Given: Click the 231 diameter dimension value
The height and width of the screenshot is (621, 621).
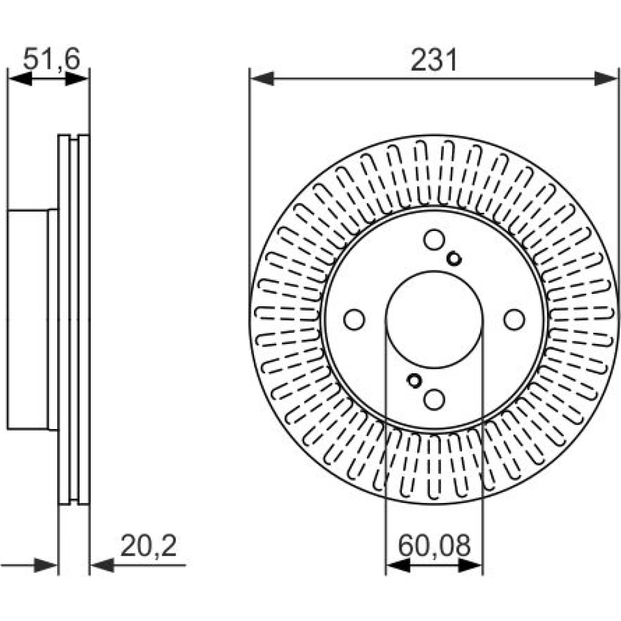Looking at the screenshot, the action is click(434, 60).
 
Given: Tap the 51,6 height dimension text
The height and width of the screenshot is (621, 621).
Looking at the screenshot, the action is click(52, 60).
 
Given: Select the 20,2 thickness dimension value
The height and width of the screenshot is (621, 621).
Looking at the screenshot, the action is click(148, 546).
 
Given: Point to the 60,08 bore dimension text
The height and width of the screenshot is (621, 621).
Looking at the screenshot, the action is click(434, 546).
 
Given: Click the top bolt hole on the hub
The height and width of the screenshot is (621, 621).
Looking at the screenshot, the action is click(434, 239).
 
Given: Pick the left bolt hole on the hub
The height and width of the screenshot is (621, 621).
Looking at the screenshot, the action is click(354, 319).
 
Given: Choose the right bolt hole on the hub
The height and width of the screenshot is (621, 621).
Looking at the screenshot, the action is click(514, 319).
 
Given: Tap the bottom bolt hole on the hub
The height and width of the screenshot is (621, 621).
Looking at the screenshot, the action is click(434, 399).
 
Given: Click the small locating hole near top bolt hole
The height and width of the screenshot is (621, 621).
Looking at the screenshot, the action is click(454, 259).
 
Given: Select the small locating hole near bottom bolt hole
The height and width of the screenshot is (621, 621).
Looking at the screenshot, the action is click(414, 380).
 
